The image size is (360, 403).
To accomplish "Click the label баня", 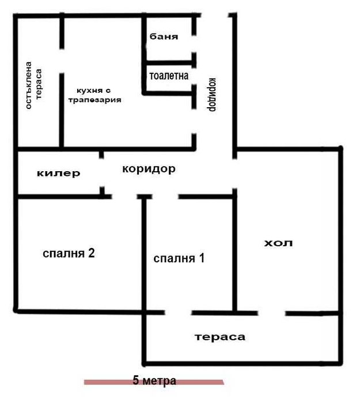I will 164,36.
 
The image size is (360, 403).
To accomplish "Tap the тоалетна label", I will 169,76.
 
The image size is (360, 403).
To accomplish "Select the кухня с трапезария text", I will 94,95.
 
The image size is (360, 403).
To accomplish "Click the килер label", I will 58,173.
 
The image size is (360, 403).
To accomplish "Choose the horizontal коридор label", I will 149,169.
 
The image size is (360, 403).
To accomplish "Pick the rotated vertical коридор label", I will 211,94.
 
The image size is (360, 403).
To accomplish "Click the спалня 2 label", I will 69,253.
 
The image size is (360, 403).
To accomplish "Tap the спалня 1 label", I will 179,258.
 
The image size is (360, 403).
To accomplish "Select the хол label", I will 278,243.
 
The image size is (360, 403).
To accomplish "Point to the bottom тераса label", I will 219,337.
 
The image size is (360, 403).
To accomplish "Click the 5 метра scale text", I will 154,381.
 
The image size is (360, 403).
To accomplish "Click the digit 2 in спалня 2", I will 90,253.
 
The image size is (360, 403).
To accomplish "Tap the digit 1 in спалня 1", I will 201,258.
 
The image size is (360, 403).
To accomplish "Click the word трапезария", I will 94,100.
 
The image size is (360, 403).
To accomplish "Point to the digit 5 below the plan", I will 136,381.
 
